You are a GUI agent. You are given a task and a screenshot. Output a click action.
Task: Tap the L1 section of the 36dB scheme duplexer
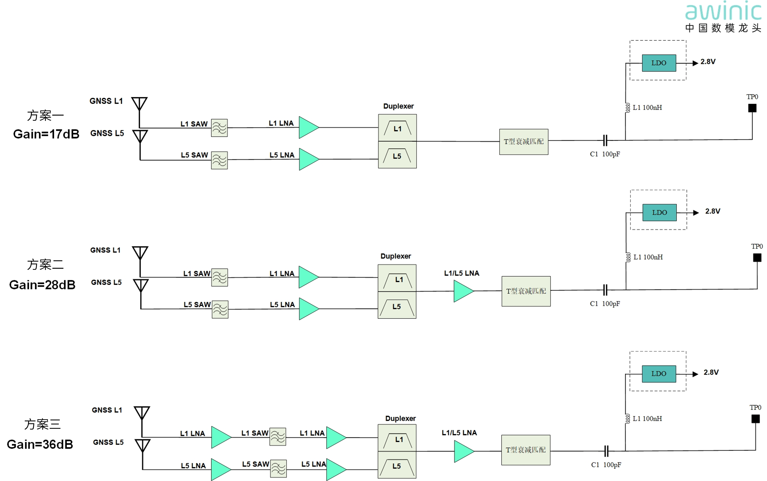397,438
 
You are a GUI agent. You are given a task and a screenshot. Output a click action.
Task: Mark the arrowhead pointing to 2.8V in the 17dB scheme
695,63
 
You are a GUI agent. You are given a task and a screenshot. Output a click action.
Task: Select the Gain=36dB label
40,444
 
